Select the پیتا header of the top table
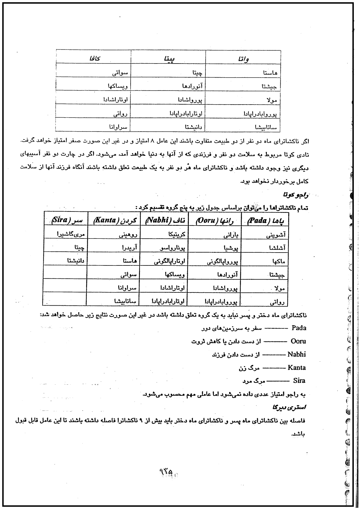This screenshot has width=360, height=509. (169, 59)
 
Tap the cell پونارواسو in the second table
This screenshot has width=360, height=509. (173, 248)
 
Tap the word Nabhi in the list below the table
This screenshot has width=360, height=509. (297, 354)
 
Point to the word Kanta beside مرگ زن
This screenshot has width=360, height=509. (297, 368)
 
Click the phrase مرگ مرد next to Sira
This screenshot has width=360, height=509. (254, 381)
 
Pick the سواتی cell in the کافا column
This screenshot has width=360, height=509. (120, 73)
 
